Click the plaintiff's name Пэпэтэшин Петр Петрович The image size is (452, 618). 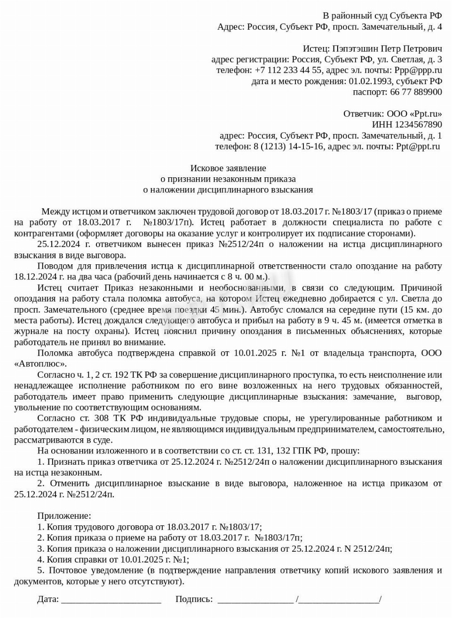[387, 48]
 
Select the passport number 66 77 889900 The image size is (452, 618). [416, 92]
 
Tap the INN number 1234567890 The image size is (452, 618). [407, 125]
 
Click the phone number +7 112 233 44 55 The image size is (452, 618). [288, 70]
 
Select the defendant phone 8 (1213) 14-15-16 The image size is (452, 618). [288, 146]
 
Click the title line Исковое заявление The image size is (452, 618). [228, 168]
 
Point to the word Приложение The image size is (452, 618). [64, 516]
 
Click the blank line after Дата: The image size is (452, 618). [111, 600]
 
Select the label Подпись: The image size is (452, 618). [194, 599]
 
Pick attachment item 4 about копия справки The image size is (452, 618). [113, 560]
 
